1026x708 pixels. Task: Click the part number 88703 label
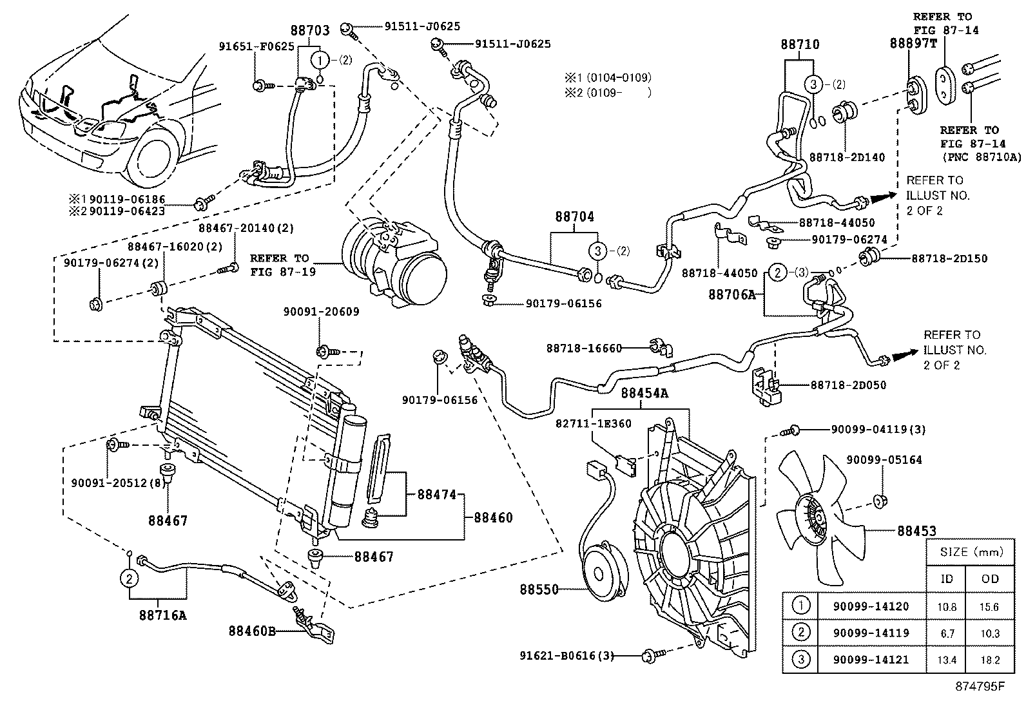pyautogui.click(x=309, y=30)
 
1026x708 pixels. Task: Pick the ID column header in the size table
pyautogui.click(x=946, y=578)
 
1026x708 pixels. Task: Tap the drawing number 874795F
pyautogui.click(x=980, y=685)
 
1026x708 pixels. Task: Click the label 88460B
pyautogui.click(x=251, y=631)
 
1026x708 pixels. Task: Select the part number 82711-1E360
pyautogui.click(x=593, y=423)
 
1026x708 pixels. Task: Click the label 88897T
pyautogui.click(x=913, y=43)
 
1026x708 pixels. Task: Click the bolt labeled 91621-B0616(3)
pyautogui.click(x=650, y=656)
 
